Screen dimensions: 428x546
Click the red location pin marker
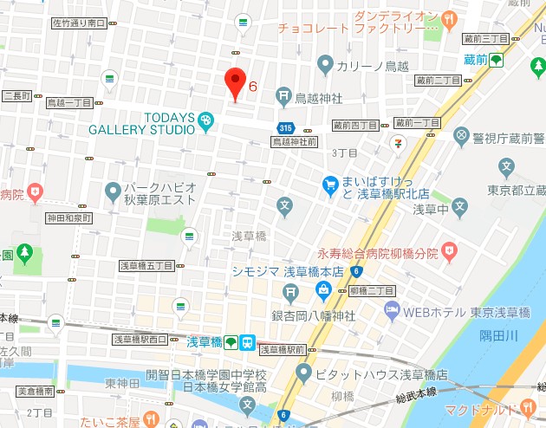click(x=235, y=82)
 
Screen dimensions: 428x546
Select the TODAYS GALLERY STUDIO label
click(x=141, y=123)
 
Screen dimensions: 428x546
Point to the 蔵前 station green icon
click(x=496, y=60)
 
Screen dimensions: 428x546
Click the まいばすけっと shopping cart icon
click(x=329, y=184)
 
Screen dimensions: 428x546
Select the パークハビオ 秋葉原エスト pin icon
click(x=113, y=190)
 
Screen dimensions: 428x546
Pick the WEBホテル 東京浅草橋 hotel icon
click(x=392, y=310)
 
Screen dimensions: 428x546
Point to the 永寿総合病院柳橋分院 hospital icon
click(x=448, y=252)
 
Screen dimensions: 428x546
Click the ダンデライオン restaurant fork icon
click(x=448, y=17)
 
